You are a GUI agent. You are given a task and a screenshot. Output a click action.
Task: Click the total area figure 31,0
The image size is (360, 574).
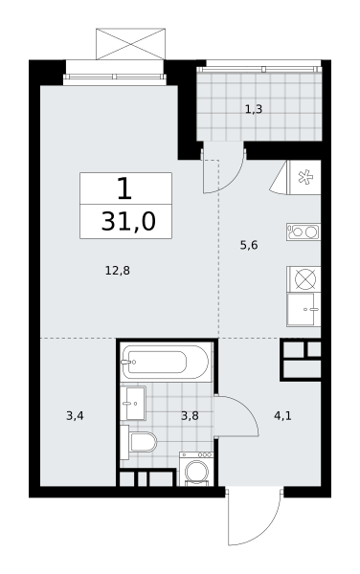click(x=128, y=222)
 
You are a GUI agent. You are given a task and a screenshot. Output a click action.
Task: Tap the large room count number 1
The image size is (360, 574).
click(x=124, y=188)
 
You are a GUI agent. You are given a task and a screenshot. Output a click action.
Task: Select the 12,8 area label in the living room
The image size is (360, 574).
click(x=118, y=271)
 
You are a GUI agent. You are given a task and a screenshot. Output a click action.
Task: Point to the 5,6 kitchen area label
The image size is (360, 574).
click(x=249, y=245)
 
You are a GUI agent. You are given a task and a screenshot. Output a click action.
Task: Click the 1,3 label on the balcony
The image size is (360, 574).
click(x=254, y=109)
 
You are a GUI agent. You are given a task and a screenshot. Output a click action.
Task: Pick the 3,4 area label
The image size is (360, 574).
click(x=75, y=416)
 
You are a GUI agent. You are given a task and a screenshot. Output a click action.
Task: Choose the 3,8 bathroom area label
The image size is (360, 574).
click(x=190, y=416)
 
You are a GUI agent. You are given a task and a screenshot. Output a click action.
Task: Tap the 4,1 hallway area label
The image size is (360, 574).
click(x=282, y=416)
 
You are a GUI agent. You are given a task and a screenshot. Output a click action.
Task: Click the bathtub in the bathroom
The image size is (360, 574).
click(x=167, y=362)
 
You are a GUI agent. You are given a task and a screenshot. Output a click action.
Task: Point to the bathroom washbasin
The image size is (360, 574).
click(x=133, y=404)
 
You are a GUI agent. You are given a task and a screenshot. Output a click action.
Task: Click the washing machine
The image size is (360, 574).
click(x=196, y=469)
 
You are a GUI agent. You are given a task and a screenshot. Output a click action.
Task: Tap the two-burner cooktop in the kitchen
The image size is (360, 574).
click(x=304, y=232)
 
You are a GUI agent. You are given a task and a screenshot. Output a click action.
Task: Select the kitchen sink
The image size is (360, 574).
click(x=304, y=309)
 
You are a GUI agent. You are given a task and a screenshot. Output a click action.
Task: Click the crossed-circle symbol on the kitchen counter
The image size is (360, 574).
click(x=305, y=279)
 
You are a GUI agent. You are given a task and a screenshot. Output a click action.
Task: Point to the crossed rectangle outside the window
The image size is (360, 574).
click(x=130, y=44)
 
